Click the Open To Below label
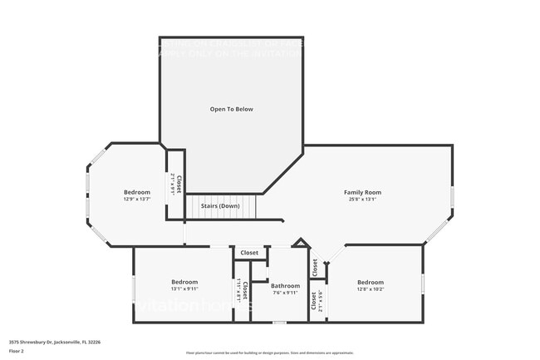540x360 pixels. (231, 109)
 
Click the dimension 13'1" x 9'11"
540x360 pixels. (184, 288)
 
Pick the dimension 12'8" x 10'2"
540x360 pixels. (371, 288)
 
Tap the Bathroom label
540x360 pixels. (285, 285)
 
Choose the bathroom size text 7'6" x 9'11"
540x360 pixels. (285, 293)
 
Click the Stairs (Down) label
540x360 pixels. (220, 205)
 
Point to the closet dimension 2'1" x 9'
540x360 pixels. (173, 184)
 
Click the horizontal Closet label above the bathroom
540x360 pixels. (249, 253)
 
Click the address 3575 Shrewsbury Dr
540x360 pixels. (54, 341)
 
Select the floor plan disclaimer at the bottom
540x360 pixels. (269, 353)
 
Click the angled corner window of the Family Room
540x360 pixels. (437, 230)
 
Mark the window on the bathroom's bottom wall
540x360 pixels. (280, 322)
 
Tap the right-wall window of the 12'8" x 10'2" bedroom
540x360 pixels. (423, 283)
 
